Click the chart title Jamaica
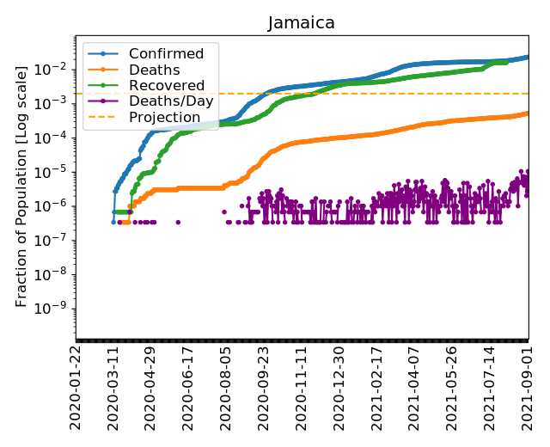[301, 23]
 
